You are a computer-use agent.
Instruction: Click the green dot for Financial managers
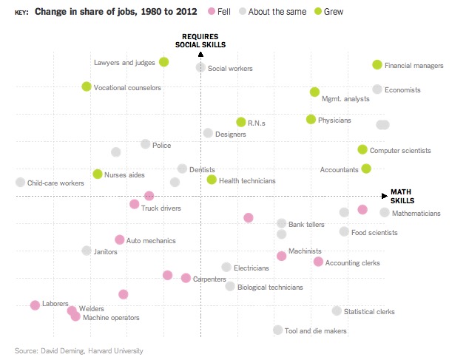[x=377, y=65]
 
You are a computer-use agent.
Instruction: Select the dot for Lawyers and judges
[x=163, y=62]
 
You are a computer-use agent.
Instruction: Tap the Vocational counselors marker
[x=87, y=87]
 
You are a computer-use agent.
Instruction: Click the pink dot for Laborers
[x=35, y=305]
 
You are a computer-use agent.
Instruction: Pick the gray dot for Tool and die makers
[x=277, y=330]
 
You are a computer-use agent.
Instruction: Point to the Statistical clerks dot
[x=337, y=311]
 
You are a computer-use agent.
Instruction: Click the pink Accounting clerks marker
[x=318, y=262]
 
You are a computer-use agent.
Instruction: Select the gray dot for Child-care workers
[x=20, y=182]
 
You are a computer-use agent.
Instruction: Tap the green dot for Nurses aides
[x=98, y=174]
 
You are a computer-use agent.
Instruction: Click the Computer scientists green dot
[x=362, y=149]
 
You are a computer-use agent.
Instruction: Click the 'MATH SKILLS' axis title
[x=402, y=196]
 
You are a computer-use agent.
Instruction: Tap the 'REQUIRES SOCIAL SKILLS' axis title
[x=200, y=40]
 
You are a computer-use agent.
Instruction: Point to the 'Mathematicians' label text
[x=416, y=214]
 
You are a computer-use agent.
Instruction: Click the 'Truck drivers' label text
[x=161, y=208]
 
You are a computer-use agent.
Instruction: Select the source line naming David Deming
[x=79, y=350]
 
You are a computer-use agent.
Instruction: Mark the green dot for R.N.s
[x=240, y=122]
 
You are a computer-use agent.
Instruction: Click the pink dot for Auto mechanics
[x=120, y=240]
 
